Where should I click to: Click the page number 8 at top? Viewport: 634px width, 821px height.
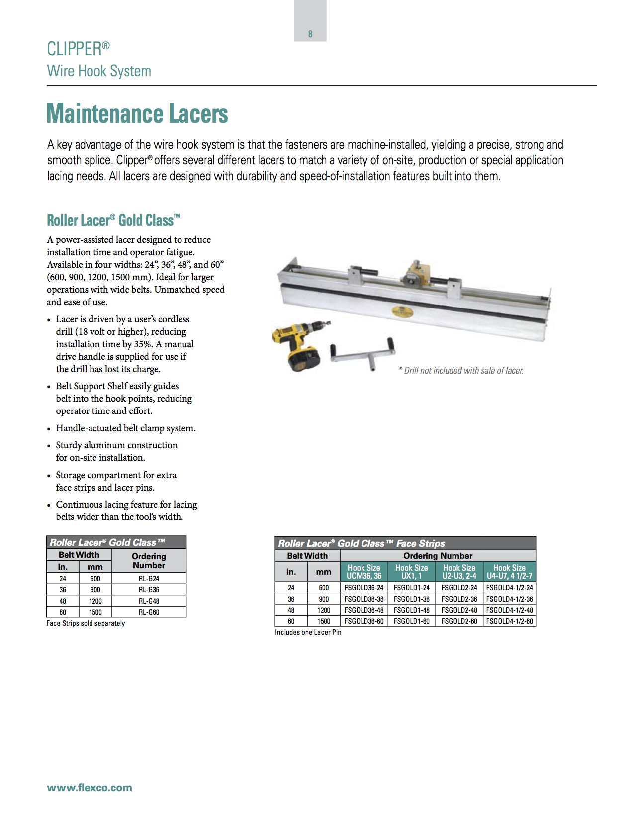pyautogui.click(x=310, y=34)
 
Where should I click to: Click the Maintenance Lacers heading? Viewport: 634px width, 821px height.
pyautogui.click(x=137, y=114)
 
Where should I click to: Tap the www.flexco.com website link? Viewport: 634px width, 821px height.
pyautogui.click(x=90, y=788)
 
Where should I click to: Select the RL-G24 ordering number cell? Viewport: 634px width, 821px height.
pyautogui.click(x=149, y=579)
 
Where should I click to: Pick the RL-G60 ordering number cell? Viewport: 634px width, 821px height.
pyautogui.click(x=149, y=612)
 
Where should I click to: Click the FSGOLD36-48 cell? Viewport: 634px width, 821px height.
pyautogui.click(x=364, y=610)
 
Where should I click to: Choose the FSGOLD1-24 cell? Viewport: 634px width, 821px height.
pyautogui.click(x=411, y=588)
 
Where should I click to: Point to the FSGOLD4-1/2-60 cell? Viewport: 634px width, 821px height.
pyautogui.click(x=509, y=621)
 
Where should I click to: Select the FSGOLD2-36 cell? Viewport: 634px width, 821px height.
pyautogui.click(x=459, y=599)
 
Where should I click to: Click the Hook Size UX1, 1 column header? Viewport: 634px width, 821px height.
pyautogui.click(x=411, y=572)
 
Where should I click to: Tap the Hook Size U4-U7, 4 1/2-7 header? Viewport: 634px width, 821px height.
pyautogui.click(x=509, y=572)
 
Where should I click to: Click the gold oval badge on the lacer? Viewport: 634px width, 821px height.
pyautogui.click(x=402, y=312)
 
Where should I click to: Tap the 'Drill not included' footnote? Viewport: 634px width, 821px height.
pyautogui.click(x=461, y=371)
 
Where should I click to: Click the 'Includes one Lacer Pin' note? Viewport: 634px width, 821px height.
pyautogui.click(x=308, y=632)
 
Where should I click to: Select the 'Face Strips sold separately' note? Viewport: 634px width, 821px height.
pyautogui.click(x=86, y=623)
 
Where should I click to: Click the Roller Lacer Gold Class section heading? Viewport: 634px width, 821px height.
pyautogui.click(x=113, y=220)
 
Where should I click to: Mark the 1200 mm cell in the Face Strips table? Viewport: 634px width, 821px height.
pyautogui.click(x=324, y=610)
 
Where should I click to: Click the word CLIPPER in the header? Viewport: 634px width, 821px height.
pyautogui.click(x=75, y=49)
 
